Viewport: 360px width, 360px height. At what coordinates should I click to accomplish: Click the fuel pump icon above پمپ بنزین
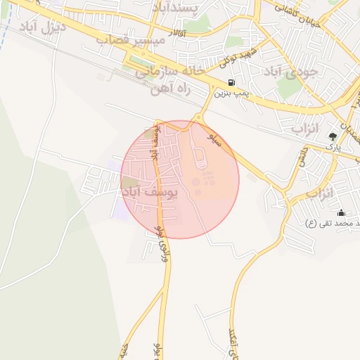pyautogui.click(x=231, y=82)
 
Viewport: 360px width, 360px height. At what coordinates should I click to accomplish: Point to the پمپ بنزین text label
pyautogui.click(x=231, y=93)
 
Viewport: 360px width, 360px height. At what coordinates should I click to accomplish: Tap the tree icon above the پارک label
pyautogui.click(x=333, y=136)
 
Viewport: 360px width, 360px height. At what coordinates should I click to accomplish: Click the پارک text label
pyautogui.click(x=334, y=148)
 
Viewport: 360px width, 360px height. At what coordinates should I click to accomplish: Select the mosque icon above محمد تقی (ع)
pyautogui.click(x=342, y=212)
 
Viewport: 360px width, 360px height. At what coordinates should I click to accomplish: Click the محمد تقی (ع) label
pyautogui.click(x=333, y=223)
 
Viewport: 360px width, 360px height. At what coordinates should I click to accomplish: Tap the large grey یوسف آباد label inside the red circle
pyautogui.click(x=150, y=191)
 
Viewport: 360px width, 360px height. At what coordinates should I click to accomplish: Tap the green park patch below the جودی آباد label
pyautogui.click(x=288, y=87)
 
